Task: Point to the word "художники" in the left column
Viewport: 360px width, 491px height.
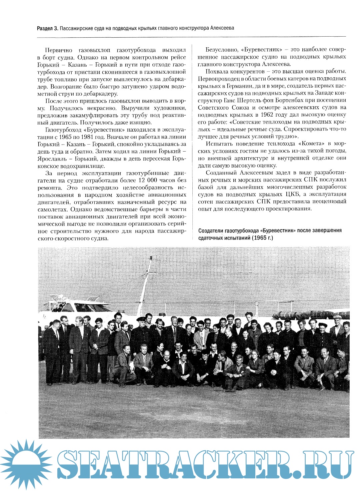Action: [x=170, y=108]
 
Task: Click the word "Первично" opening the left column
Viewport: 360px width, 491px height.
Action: [x=59, y=50]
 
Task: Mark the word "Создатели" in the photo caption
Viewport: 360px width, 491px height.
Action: [x=211, y=231]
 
